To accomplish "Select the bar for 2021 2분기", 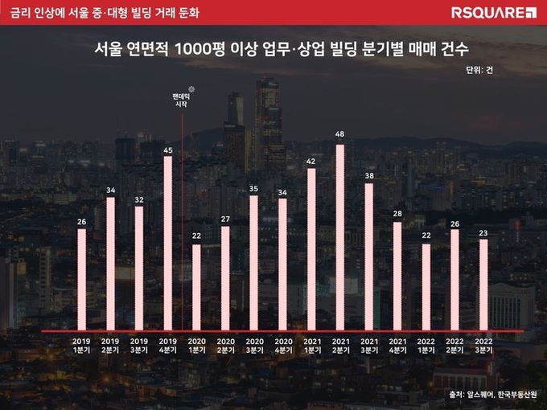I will point(339,237).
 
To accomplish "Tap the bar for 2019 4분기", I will point(167,243).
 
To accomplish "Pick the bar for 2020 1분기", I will point(196,287).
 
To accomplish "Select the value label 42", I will point(311,160).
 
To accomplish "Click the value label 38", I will point(368,174).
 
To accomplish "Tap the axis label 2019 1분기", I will point(81,346).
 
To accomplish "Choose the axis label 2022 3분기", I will point(483,346).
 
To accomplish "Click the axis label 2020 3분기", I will point(253,346).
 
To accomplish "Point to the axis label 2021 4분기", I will point(397,346).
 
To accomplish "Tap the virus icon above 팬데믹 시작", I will point(191,88).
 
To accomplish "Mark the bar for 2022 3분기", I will point(483,285).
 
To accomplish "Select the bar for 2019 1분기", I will point(81,279).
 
